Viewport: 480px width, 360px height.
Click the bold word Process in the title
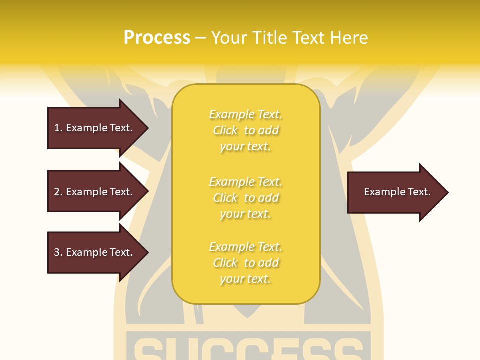pyautogui.click(x=157, y=38)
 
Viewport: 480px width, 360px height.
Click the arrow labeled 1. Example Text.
pyautogui.click(x=93, y=128)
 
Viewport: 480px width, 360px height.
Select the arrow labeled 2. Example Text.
pyautogui.click(x=93, y=192)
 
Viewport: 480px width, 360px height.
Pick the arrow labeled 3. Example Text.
pyautogui.click(x=93, y=252)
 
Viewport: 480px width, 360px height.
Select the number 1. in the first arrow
pyautogui.click(x=58, y=128)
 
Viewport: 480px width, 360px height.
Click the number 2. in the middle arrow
pyautogui.click(x=58, y=192)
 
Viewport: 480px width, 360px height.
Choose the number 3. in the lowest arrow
pyautogui.click(x=58, y=252)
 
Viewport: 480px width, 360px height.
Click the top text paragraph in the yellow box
pyautogui.click(x=245, y=130)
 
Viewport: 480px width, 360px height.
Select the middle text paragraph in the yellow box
pyautogui.click(x=245, y=197)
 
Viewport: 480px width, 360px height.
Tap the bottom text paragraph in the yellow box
pyautogui.click(x=245, y=263)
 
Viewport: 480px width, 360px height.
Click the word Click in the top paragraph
pyautogui.click(x=225, y=130)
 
